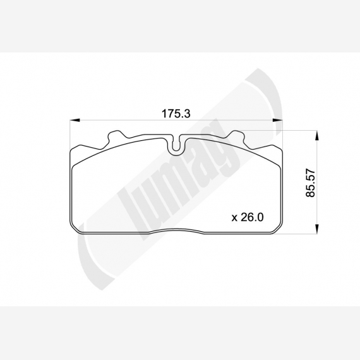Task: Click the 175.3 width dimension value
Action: coord(176,114)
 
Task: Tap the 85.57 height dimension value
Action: coord(311,183)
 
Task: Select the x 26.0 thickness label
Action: coord(248,217)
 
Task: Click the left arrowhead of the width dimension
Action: coord(75,120)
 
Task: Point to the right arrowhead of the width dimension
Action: coord(277,120)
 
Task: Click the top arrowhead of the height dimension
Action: coord(317,135)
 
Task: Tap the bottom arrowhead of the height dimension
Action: coord(317,229)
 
